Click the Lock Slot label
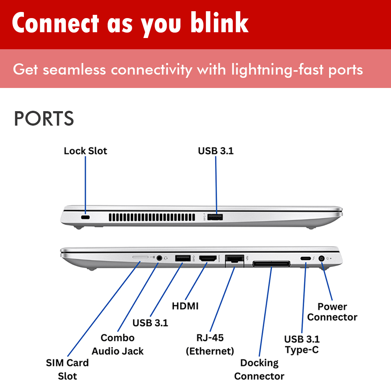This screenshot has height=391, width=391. [85, 151]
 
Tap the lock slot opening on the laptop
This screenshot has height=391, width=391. [85, 217]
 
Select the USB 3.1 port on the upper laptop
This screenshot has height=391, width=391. [216, 217]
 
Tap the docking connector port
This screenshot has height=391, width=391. [271, 264]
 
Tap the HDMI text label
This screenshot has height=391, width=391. [185, 306]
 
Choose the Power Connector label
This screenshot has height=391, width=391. [332, 312]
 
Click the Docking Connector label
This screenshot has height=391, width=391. [259, 369]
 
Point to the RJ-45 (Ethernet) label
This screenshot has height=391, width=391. [210, 344]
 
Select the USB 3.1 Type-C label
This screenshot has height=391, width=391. [302, 344]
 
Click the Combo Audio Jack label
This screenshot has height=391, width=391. [118, 344]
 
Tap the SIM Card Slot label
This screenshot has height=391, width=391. [67, 369]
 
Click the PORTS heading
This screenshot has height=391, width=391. [44, 119]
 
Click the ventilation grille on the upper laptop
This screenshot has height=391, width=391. [152, 217]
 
